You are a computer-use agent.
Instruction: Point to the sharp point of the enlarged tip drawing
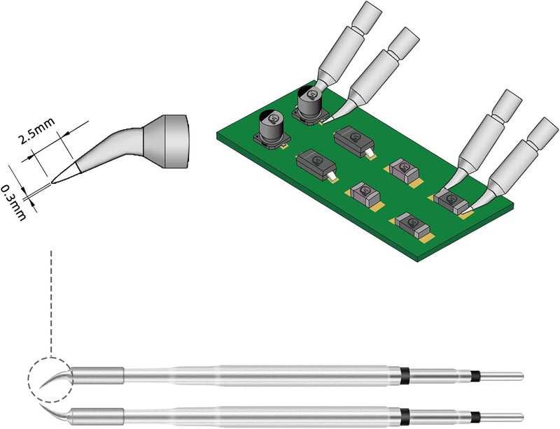52,183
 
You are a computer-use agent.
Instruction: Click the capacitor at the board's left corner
272,130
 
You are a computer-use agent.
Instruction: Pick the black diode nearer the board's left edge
316,165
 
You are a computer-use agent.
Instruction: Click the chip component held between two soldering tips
451,201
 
